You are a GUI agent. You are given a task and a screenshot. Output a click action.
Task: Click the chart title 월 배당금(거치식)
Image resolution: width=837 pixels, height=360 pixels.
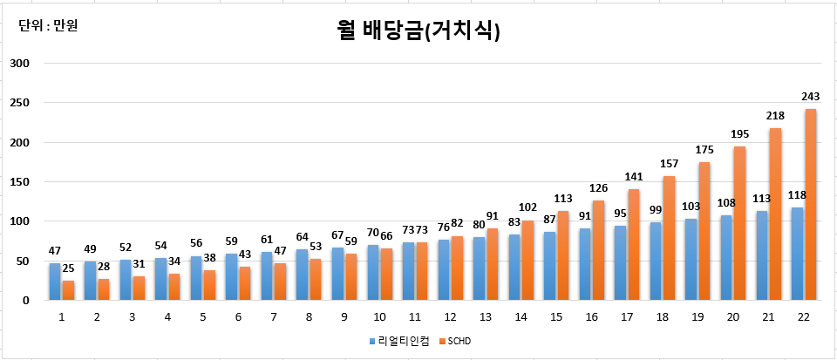click(418, 31)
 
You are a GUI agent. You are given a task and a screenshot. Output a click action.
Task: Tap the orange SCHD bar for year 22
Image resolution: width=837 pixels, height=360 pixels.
click(810, 205)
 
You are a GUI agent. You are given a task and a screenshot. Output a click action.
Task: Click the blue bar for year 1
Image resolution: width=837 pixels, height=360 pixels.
click(55, 282)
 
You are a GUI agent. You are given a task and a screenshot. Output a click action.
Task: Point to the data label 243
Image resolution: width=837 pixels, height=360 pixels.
click(810, 97)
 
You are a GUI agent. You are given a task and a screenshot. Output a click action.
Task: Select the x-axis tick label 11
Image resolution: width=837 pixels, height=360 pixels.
click(414, 317)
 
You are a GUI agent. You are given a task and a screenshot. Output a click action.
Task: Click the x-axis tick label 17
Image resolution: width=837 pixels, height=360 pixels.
click(626, 317)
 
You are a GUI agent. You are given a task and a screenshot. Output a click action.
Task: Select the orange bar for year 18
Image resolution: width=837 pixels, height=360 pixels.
click(669, 238)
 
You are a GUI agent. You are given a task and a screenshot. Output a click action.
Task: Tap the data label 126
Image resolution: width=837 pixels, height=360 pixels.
click(598, 187)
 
